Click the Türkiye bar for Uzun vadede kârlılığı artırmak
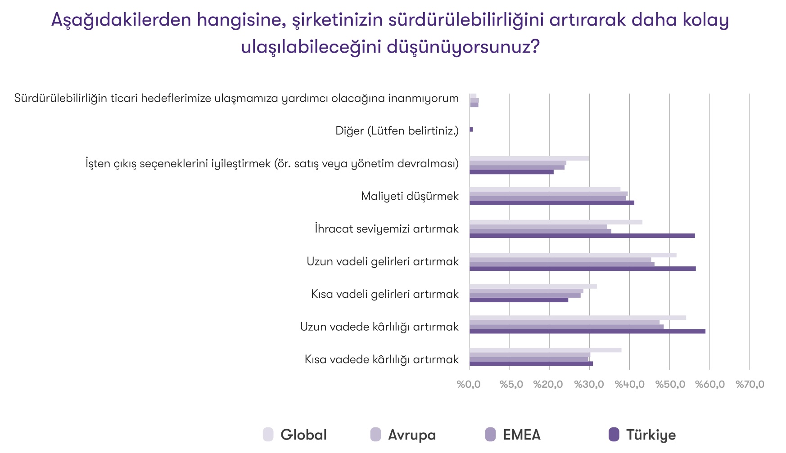coord(587,332)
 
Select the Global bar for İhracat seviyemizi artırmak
coord(556,222)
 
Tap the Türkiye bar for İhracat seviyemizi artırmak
coord(582,236)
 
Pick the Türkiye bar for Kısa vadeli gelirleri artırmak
coord(519,300)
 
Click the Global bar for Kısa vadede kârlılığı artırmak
coord(546,350)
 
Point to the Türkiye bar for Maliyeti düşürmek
coord(552,203)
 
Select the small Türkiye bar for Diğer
coord(471,130)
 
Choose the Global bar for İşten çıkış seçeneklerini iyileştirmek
coord(529,158)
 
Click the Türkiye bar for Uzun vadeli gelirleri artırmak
coord(583,269)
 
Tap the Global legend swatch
coord(268,435)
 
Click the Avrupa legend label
coord(412,435)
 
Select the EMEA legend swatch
coord(490,435)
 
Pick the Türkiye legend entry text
coord(651,435)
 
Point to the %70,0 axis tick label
coord(750,384)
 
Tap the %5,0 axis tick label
coord(511,384)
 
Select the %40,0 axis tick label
coord(630,384)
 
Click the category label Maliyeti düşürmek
coord(410,196)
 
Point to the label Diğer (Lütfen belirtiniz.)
coord(397,131)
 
